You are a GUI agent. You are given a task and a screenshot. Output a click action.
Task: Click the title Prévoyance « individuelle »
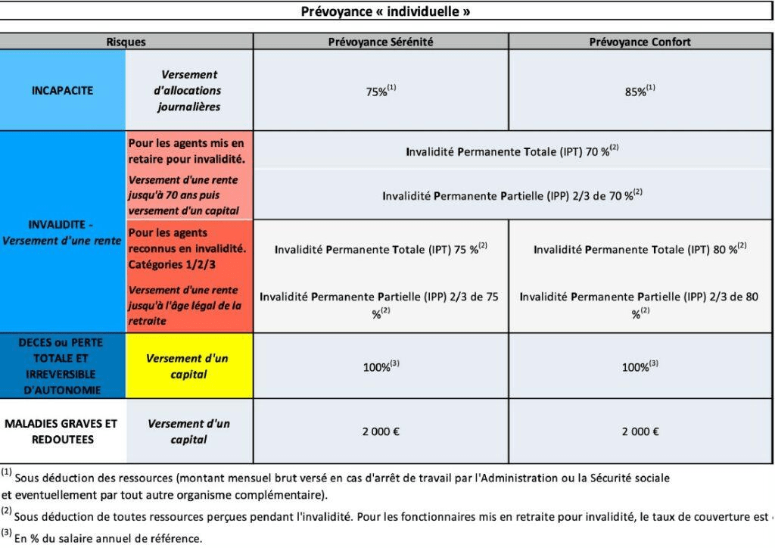point(385,11)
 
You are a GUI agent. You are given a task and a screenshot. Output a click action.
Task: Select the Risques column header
point(126,42)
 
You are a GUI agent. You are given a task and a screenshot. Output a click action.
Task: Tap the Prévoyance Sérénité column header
point(381,42)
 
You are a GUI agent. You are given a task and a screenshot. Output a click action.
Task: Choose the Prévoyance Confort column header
point(640,42)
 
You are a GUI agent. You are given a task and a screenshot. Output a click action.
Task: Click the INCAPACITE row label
point(63,90)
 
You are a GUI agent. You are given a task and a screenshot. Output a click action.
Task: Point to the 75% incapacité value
point(381,91)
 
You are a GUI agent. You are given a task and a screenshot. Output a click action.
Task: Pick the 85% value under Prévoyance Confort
point(640,91)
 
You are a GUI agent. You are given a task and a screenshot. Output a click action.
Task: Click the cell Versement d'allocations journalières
point(189,91)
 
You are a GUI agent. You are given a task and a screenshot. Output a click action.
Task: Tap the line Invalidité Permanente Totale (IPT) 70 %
point(512,151)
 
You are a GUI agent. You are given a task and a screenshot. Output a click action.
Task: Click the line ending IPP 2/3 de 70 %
point(512,195)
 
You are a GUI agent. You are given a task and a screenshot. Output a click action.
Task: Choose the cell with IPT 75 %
point(381,249)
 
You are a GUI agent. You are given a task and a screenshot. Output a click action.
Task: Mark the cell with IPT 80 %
point(640,249)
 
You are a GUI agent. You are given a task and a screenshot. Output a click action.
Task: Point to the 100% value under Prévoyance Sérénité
point(381,366)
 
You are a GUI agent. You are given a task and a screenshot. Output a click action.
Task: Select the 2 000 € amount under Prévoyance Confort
point(640,431)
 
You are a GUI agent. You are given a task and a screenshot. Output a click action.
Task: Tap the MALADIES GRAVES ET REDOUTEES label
point(63,431)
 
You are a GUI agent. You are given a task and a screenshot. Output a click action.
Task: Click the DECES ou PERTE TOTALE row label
point(63,366)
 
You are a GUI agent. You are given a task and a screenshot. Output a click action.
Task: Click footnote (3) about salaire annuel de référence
point(106,539)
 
